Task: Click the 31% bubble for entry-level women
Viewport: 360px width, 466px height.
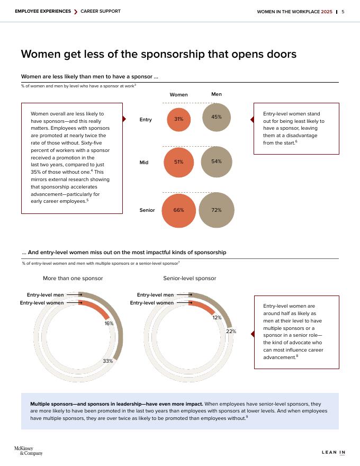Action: click(178, 119)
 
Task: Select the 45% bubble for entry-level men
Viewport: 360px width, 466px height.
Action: click(217, 116)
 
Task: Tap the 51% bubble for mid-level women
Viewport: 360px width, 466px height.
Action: click(178, 162)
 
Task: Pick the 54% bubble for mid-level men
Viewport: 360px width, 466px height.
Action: click(217, 161)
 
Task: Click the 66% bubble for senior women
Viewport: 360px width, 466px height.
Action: click(178, 210)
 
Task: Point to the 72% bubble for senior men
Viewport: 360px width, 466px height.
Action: click(217, 210)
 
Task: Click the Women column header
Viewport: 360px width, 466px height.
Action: click(178, 95)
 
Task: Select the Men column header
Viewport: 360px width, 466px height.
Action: click(217, 94)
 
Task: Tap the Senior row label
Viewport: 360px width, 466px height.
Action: click(147, 210)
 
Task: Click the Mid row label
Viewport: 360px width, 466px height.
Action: click(144, 163)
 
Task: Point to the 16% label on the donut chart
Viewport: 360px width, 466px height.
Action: click(109, 323)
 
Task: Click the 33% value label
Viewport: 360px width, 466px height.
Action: click(107, 361)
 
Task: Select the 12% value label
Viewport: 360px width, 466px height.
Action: click(217, 318)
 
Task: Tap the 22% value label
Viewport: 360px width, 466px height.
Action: click(231, 331)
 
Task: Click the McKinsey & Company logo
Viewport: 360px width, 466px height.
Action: click(28, 451)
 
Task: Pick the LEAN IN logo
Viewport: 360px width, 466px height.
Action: click(334, 452)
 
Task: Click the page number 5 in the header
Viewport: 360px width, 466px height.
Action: click(343, 12)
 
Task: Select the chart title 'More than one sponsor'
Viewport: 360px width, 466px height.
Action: click(73, 279)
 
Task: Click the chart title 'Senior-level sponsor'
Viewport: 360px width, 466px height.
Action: click(190, 279)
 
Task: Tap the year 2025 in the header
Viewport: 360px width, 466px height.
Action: click(327, 12)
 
